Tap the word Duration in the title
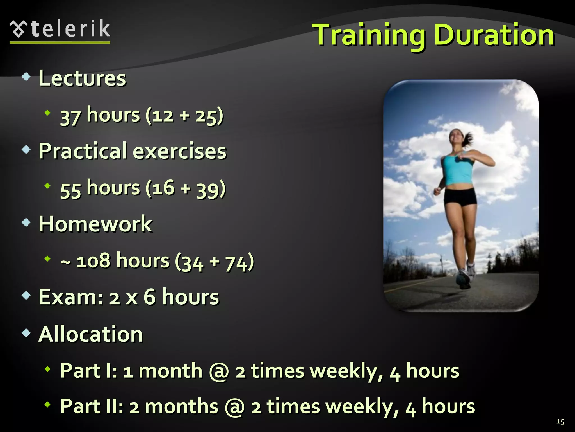(494, 35)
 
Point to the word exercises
(179, 151)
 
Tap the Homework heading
(95, 224)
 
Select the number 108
(93, 261)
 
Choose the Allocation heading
(91, 334)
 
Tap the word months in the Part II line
(181, 407)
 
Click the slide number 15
(560, 422)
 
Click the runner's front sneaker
(463, 280)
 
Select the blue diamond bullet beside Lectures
(26, 76)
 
